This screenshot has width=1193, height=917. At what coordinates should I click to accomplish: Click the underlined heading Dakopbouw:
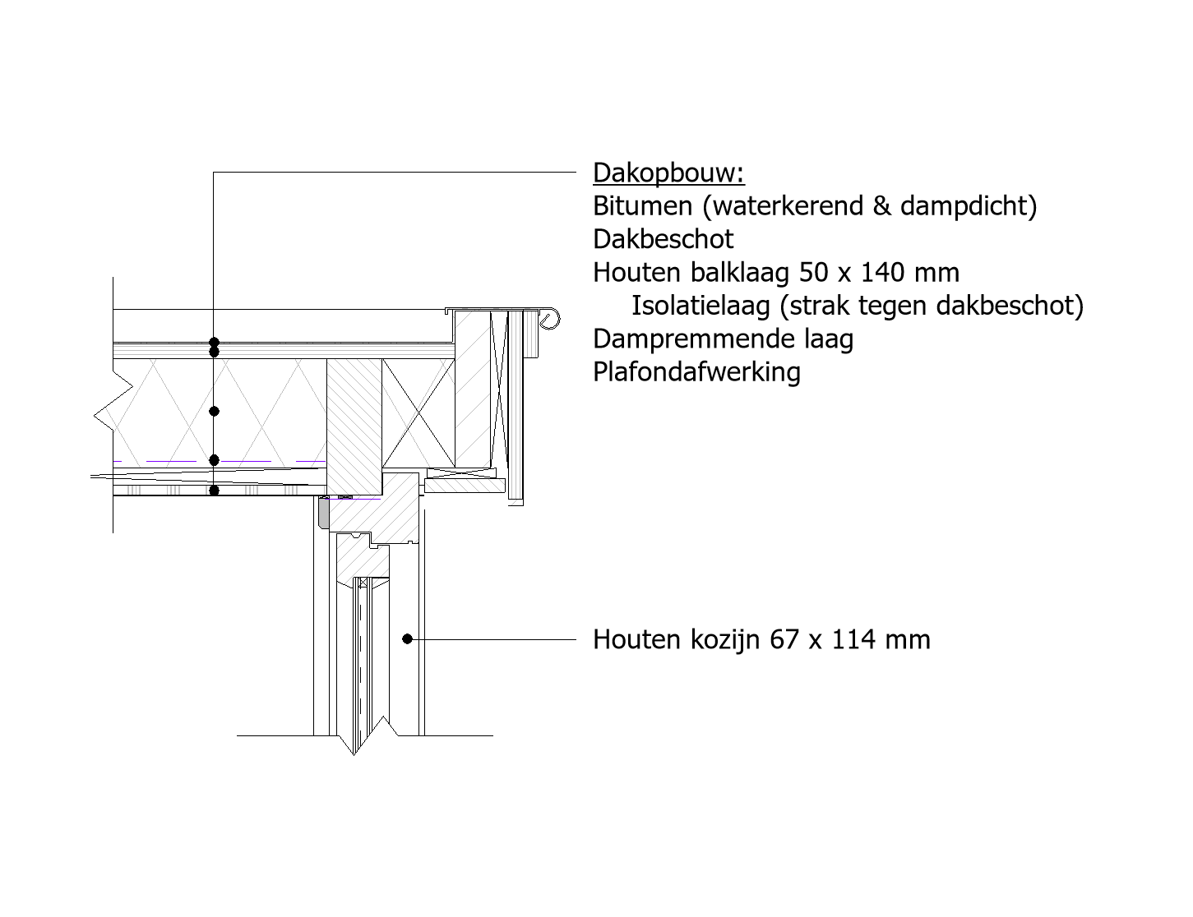(668, 173)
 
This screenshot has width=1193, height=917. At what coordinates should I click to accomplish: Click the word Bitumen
(642, 206)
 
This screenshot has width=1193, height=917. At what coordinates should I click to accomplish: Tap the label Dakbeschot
(664, 239)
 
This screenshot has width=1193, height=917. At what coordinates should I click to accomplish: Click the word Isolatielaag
(701, 306)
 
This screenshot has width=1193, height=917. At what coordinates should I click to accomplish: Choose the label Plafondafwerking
(696, 372)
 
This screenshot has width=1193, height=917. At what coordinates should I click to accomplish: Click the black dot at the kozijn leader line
(407, 639)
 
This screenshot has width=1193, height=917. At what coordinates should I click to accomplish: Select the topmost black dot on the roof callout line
(214, 343)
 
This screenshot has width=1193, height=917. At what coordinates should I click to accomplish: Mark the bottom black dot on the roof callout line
(214, 491)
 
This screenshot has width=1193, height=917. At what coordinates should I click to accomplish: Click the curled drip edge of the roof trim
(551, 320)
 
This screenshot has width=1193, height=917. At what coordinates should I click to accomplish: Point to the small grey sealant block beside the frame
(323, 514)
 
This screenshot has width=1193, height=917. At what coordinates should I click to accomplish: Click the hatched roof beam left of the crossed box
(354, 426)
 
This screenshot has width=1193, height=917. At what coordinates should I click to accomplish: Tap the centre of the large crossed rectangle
(418, 413)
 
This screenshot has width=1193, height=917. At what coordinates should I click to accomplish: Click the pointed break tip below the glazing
(354, 755)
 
